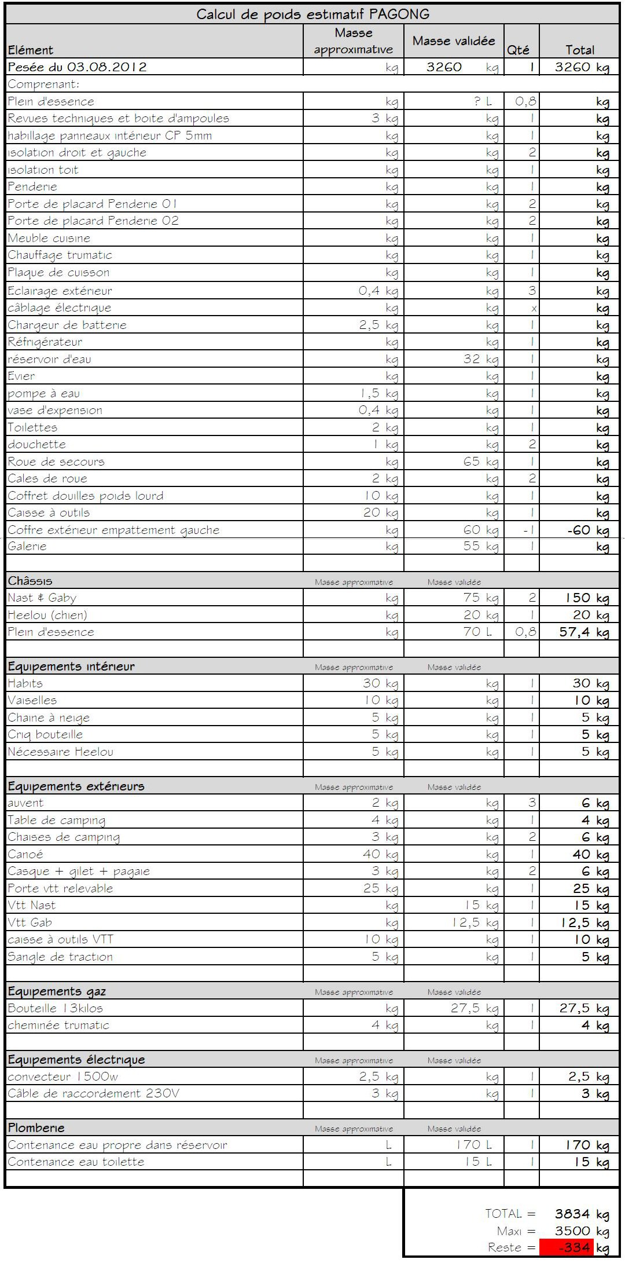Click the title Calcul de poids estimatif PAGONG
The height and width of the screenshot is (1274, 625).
[312, 14]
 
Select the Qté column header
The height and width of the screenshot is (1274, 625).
[518, 50]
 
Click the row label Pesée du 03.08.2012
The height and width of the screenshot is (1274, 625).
[78, 67]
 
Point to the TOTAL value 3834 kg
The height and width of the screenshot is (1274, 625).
[581, 1214]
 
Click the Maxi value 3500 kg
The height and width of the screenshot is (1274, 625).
[581, 1231]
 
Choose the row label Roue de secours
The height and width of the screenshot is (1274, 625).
[56, 462]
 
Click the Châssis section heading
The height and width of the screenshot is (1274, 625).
[30, 581]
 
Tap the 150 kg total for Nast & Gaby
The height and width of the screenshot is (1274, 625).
[587, 598]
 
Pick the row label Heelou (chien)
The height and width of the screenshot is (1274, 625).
[47, 615]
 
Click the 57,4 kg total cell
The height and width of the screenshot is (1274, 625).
[584, 632]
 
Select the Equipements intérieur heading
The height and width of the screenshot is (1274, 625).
[71, 667]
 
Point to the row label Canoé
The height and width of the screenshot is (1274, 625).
[25, 854]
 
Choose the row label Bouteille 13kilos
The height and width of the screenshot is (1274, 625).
[56, 1008]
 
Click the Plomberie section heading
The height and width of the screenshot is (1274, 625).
[36, 1127]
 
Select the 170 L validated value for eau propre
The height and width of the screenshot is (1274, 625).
[474, 1145]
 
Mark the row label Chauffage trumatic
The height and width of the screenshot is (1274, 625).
[60, 255]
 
